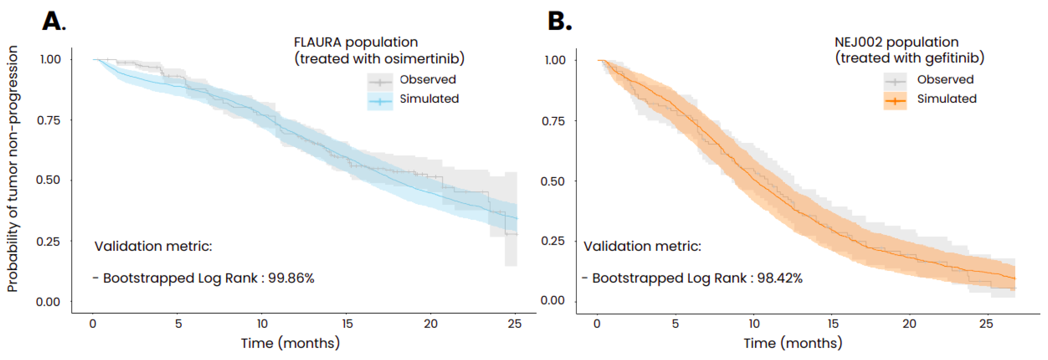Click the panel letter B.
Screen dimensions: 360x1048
(x=559, y=21)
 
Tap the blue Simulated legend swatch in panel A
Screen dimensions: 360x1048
(x=380, y=101)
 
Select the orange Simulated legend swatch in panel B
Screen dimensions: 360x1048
(x=895, y=101)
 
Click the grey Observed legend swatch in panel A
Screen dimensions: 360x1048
(x=380, y=82)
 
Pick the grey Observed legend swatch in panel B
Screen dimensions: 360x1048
(x=895, y=82)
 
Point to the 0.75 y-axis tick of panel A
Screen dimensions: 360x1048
(x=48, y=120)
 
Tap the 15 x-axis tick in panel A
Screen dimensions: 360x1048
(x=347, y=324)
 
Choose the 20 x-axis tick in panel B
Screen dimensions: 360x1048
(x=910, y=324)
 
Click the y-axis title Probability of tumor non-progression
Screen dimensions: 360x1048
(x=13, y=168)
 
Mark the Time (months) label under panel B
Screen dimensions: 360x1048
(x=793, y=343)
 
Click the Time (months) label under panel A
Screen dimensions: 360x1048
(x=290, y=343)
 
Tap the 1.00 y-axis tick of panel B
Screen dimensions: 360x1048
(x=555, y=60)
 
